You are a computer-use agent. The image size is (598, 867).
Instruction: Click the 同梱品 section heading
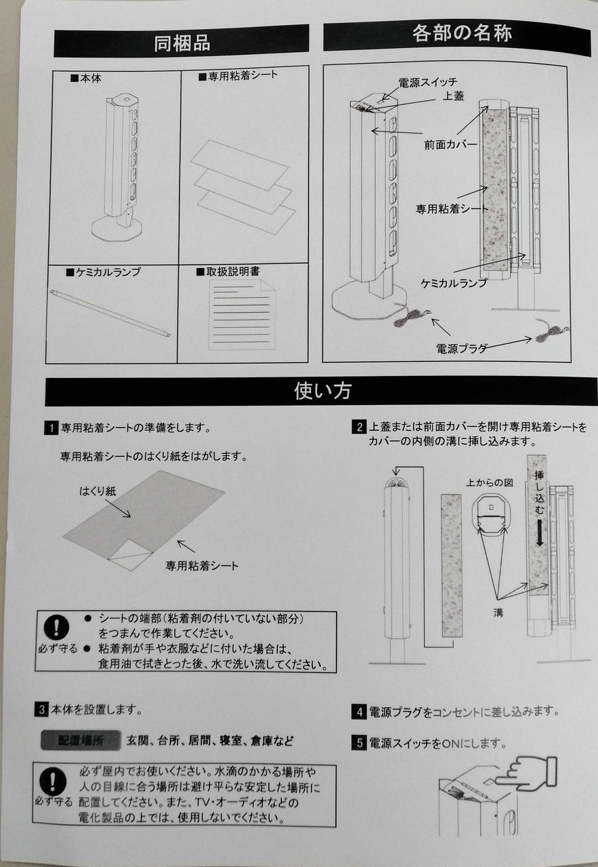point(182,43)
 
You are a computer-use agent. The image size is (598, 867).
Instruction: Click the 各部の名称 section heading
point(462,33)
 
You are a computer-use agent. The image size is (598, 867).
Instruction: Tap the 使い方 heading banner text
point(322,391)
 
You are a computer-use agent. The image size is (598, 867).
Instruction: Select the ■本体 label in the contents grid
point(86,78)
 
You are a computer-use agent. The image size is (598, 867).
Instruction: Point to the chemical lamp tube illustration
point(110,313)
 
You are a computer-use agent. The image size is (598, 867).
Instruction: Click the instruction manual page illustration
point(242,315)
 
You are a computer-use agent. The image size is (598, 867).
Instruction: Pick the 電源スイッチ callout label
point(428,83)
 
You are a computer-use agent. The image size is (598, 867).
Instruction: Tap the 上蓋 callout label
point(453,96)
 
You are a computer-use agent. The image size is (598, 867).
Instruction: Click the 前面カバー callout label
point(450,145)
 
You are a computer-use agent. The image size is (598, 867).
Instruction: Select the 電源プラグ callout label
point(461,349)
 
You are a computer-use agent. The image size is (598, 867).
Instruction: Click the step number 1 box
point(51,428)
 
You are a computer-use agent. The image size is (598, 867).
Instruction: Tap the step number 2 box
point(359,427)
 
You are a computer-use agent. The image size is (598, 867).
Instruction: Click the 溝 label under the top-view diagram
point(498,612)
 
